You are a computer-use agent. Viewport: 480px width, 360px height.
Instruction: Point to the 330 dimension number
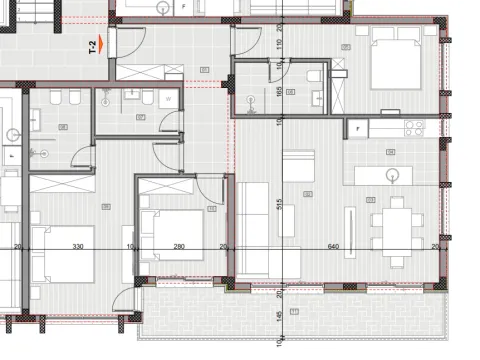pos(76,246)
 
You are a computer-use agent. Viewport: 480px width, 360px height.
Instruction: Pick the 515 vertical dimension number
pos(279,203)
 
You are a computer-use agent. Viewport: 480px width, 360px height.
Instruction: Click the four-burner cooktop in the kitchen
pos(415,127)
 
